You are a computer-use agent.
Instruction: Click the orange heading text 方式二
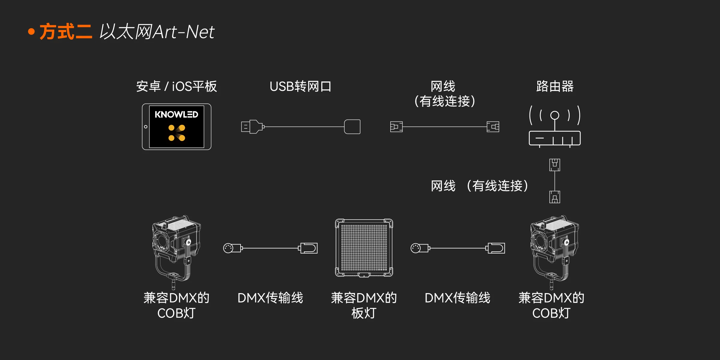point(66,31)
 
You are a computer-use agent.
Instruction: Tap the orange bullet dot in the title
point(31,32)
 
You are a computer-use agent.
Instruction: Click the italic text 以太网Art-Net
point(157,31)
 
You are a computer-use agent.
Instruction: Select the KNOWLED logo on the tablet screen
point(176,115)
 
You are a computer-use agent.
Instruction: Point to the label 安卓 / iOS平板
point(176,86)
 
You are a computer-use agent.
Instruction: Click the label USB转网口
point(300,86)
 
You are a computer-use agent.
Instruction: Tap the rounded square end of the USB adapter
point(352,127)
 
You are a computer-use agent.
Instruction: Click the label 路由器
point(555,86)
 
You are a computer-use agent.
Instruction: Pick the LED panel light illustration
point(364,248)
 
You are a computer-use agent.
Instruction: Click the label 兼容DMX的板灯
point(364,305)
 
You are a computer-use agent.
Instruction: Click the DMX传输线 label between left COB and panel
point(270,298)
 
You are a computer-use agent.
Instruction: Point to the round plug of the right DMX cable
point(415,248)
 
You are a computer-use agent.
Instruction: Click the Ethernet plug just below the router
point(555,165)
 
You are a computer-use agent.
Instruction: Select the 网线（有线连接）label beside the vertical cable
point(479,186)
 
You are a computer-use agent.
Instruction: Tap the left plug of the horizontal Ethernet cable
point(396,127)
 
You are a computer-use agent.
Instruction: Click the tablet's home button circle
point(146,127)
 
